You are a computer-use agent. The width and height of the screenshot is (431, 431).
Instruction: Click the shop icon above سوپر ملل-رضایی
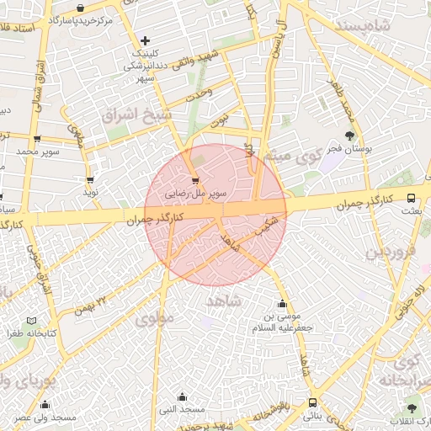[x=196, y=180]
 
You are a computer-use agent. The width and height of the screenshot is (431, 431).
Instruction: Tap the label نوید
[x=90, y=193]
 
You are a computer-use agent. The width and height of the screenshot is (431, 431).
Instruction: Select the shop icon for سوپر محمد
[x=36, y=140]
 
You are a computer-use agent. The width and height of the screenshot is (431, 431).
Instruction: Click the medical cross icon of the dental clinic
[x=146, y=40]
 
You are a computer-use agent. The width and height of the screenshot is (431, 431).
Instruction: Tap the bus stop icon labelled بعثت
[x=411, y=199]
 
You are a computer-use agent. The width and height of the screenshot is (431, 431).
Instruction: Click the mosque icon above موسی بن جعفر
[x=282, y=304]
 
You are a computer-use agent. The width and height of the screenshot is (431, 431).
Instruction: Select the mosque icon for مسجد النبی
[x=183, y=396]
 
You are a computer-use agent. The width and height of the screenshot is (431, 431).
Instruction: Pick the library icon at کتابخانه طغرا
[x=32, y=322]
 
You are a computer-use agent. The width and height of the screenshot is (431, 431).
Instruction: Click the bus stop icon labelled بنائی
[x=313, y=403]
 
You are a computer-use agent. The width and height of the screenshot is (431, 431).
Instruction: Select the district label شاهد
[x=223, y=301]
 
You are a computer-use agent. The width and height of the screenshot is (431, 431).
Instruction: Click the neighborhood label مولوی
[x=154, y=319]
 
